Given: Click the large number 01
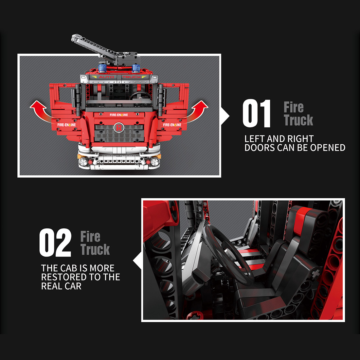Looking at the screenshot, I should point(257,114).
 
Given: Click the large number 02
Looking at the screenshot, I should point(55,243).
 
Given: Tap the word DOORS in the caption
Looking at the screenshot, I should point(260,148).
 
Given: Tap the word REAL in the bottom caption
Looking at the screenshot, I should point(52,286).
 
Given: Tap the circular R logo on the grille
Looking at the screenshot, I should point(118,128).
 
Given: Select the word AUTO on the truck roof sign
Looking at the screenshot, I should point(106,77).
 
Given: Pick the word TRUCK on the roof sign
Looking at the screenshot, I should point(132,77).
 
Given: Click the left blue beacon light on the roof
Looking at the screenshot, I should point(102,68).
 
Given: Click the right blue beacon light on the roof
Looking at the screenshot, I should point(136,68).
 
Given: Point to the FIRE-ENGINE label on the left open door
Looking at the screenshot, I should point(66,125).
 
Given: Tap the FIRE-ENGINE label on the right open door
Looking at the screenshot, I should point(172,125).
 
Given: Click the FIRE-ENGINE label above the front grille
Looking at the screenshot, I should point(119,115).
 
